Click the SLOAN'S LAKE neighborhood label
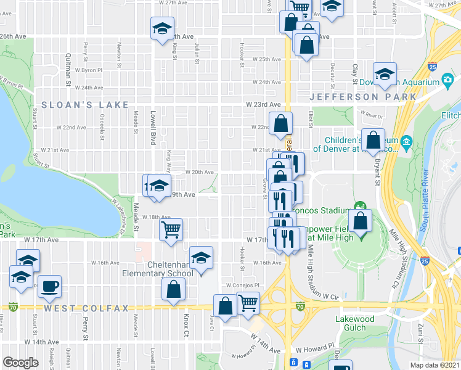(85, 105)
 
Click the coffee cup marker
(49, 286)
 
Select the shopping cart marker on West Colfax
(248, 303)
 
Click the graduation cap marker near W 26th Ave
(163, 28)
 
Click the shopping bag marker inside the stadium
(361, 220)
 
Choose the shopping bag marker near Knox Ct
(174, 288)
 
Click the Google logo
(20, 362)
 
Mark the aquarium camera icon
(447, 81)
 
